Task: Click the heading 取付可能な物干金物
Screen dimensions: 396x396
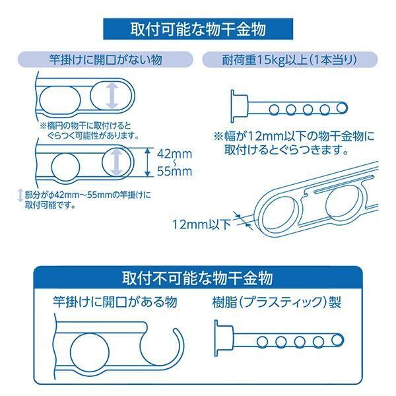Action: (x=198, y=29)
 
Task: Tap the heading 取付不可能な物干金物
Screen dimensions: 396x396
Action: (x=197, y=278)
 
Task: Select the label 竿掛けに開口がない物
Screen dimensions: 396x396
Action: (x=106, y=60)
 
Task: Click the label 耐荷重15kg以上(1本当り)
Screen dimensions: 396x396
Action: (x=290, y=60)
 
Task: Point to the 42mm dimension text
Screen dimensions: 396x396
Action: (x=174, y=154)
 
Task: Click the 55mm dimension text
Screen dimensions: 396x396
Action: (x=174, y=171)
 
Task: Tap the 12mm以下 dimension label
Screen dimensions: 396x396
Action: (x=201, y=224)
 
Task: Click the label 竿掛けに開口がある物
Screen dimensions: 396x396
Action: (x=115, y=302)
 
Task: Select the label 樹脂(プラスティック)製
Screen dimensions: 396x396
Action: (x=277, y=302)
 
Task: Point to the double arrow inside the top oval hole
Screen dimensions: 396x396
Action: (x=112, y=96)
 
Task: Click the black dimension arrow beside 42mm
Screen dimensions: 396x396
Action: (x=148, y=162)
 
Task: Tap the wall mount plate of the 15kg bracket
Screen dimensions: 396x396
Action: (x=238, y=106)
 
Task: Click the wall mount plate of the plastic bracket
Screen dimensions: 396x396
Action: (x=223, y=338)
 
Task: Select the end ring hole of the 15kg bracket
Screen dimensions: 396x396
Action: (x=341, y=108)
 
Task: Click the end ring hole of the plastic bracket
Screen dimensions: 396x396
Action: (x=337, y=340)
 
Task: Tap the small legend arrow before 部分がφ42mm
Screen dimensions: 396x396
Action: (x=20, y=195)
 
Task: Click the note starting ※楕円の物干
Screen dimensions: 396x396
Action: (x=90, y=131)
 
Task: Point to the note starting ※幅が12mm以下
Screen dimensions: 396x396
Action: (x=294, y=143)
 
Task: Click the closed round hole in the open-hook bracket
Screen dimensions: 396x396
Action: (x=90, y=352)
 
